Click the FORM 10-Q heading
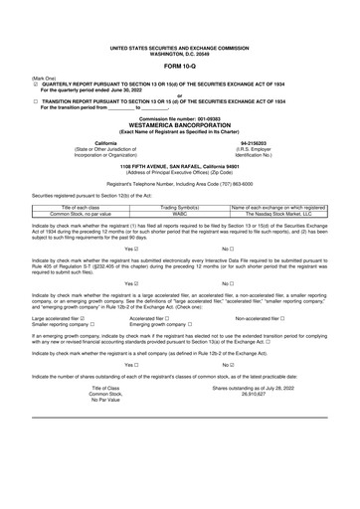pyautogui.click(x=179, y=66)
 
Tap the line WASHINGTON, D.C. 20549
pyautogui.click(x=179, y=52)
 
